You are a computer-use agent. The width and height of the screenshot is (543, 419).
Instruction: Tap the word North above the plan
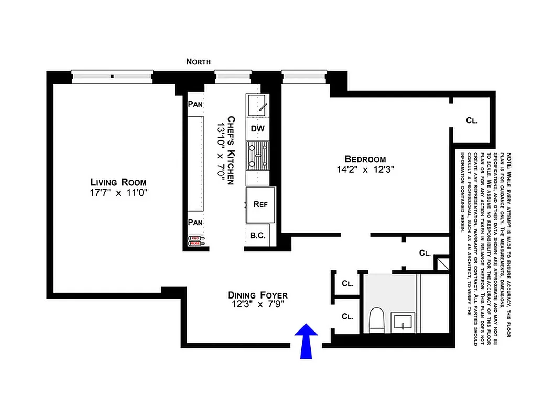[199, 62]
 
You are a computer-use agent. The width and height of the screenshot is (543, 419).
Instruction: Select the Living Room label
[118, 182]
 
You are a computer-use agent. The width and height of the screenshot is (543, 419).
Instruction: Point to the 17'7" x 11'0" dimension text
[118, 193]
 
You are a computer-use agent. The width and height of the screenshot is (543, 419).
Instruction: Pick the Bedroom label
[365, 159]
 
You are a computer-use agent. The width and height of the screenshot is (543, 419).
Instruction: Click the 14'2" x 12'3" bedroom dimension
[365, 169]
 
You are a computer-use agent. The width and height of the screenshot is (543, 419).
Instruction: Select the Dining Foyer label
[257, 295]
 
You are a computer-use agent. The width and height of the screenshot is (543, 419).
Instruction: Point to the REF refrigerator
[260, 204]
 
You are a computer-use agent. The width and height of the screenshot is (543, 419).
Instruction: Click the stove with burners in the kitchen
[258, 156]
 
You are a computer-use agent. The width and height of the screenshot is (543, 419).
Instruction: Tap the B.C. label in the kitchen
[257, 236]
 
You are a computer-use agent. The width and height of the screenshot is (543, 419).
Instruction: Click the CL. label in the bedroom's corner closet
[472, 120]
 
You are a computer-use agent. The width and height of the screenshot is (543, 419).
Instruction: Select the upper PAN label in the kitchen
[196, 104]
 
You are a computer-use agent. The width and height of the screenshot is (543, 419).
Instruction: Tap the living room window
[112, 76]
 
